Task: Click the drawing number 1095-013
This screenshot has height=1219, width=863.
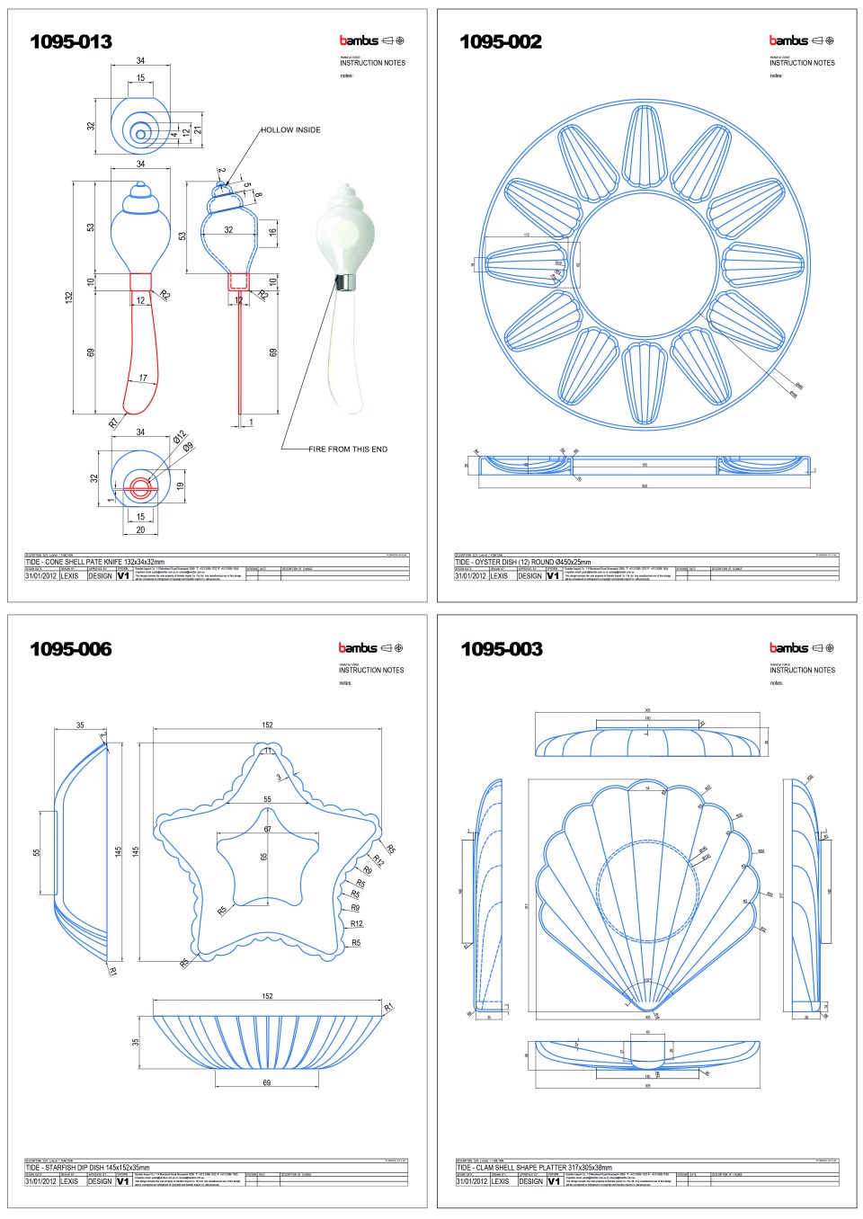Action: [71, 41]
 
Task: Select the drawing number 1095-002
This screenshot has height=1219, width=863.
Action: [501, 41]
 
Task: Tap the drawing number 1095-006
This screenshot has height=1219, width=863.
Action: [71, 649]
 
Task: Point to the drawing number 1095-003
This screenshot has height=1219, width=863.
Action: [502, 649]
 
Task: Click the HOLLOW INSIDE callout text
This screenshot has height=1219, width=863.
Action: [290, 130]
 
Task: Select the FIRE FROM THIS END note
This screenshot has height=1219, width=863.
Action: [348, 449]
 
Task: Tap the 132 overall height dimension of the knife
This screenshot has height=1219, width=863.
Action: [69, 298]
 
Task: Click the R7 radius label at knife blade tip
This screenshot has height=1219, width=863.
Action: [113, 422]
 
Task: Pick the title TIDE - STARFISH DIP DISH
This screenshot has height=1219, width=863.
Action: [87, 1168]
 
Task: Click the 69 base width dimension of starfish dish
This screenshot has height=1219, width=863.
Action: [266, 1082]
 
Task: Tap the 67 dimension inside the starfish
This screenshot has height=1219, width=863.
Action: [266, 829]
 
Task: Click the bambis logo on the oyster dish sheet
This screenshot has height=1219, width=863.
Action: [788, 40]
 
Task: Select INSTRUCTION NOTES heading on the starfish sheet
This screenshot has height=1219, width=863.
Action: [371, 670]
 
